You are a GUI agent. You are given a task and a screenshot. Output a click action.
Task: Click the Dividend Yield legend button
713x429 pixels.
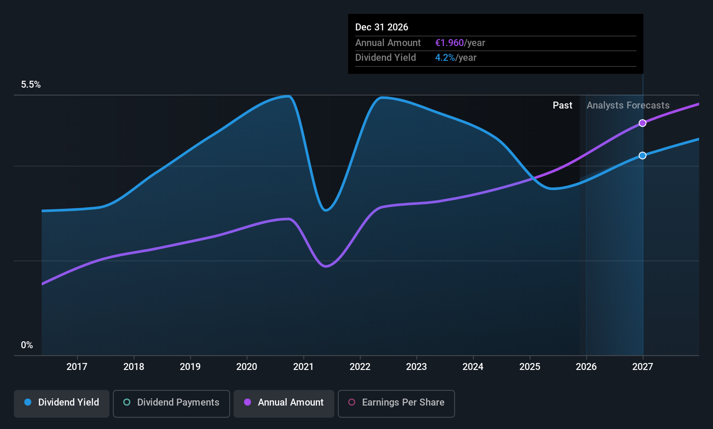62,403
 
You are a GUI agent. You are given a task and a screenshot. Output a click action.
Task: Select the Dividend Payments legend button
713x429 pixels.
172,403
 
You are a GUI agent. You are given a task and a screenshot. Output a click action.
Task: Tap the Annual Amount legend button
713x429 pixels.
284,403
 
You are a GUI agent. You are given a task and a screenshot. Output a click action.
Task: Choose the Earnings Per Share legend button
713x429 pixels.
396,403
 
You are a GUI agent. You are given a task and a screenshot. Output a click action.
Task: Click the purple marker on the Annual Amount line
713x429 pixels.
643,123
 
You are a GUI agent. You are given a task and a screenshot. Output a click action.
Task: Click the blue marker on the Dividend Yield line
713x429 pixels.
643,155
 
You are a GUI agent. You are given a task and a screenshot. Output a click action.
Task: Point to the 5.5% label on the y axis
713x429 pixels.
31,85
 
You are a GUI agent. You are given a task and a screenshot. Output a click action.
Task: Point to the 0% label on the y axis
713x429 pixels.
27,345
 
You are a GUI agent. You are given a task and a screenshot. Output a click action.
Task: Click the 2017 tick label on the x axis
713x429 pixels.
77,367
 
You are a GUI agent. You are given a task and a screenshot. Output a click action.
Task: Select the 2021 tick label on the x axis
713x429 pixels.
304,367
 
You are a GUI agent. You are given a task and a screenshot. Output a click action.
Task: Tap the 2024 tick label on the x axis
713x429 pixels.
473,367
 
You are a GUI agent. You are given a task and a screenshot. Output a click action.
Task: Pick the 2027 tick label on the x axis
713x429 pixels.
643,367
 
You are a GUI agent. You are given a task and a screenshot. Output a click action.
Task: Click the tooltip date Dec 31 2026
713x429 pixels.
382,27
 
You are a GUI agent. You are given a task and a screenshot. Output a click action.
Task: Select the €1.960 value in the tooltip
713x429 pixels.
449,43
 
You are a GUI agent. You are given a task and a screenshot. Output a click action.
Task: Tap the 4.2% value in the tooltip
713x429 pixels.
445,58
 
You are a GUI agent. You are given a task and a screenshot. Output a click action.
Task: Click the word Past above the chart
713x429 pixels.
562,106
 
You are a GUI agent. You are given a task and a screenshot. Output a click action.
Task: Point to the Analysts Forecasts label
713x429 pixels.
628,106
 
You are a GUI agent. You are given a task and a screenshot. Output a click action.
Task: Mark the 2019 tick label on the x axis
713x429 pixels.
190,367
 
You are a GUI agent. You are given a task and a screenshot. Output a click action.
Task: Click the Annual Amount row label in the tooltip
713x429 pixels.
388,43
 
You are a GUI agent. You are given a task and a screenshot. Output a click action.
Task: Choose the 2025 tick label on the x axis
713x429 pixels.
530,367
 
